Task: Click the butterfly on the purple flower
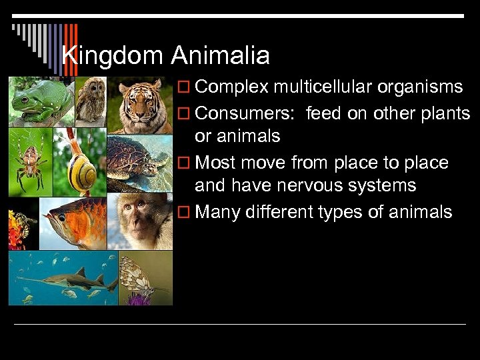[x=143, y=279]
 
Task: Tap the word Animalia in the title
[x=220, y=55]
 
